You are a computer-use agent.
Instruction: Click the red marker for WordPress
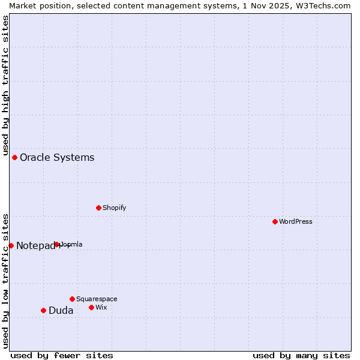tap(275, 221)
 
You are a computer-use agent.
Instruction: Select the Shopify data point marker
tap(98, 208)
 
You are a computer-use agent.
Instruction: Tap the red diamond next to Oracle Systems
tap(14, 157)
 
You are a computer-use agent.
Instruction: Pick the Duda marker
tap(43, 310)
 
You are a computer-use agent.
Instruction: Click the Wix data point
tap(91, 307)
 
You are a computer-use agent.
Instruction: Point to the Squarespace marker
tap(72, 299)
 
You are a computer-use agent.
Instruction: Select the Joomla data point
tap(57, 244)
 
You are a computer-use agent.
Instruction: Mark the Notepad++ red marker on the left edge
tap(11, 245)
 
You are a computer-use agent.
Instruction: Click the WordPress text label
tap(296, 221)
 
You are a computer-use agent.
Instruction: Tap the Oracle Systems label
tap(57, 158)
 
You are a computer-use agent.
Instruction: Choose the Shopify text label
tap(114, 208)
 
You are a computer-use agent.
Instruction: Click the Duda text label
tap(61, 311)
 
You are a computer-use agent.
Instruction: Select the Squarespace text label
tap(97, 299)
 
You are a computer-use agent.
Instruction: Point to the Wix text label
tap(101, 307)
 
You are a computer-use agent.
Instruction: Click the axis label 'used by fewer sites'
tap(62, 355)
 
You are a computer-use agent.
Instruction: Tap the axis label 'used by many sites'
tap(301, 355)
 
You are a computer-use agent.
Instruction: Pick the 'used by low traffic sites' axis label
tap(5, 280)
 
